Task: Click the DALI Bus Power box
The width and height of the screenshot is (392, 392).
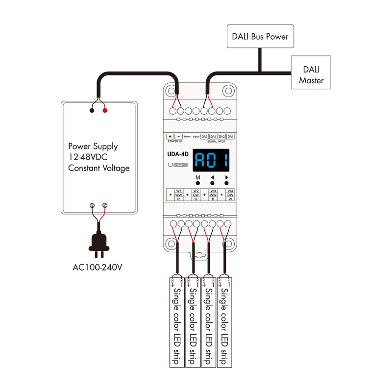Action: point(260,36)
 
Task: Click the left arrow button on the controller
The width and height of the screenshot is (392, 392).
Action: point(213,182)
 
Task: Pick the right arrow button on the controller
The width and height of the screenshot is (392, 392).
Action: point(227,182)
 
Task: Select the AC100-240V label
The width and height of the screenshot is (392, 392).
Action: point(97,268)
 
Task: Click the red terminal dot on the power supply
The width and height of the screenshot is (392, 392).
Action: point(104,111)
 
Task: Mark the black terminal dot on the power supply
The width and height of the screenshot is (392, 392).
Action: point(92,111)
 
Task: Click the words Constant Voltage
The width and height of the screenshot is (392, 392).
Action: point(98,168)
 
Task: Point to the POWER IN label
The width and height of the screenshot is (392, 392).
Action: point(174,141)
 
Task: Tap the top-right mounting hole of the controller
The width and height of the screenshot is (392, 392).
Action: point(227,91)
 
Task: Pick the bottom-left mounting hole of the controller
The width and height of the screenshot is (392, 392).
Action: point(170,243)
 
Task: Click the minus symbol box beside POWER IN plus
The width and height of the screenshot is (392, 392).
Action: point(179,136)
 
